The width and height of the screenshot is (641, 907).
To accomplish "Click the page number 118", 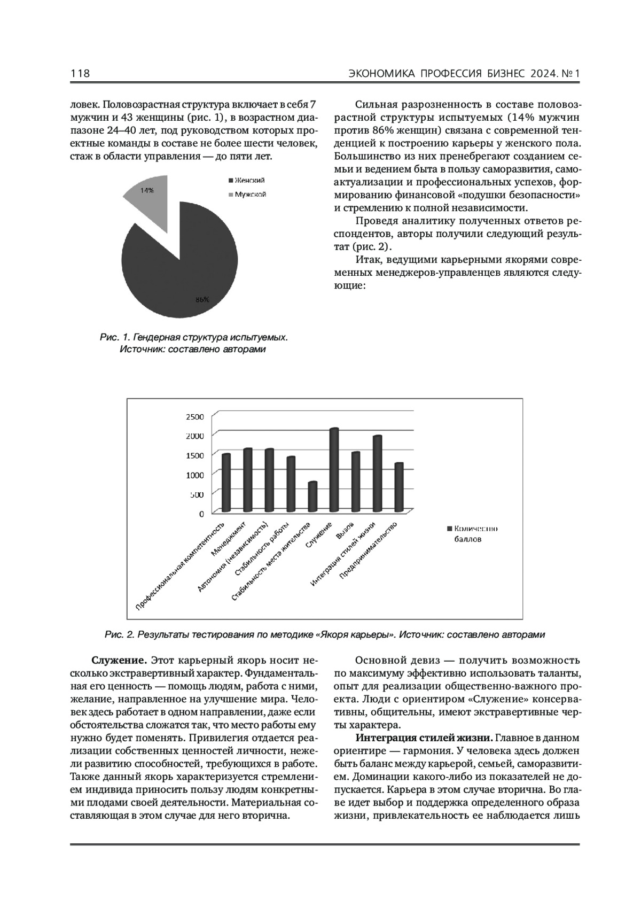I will [80, 74].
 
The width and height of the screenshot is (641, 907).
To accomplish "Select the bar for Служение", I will [334, 470].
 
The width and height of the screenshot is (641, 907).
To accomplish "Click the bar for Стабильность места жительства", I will [313, 497].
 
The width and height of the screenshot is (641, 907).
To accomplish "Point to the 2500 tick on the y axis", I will [194, 416].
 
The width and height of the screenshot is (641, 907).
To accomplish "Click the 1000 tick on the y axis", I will [194, 475].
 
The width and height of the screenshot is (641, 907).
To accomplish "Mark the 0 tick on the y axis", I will [201, 514].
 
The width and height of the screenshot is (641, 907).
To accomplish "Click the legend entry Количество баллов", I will [472, 534].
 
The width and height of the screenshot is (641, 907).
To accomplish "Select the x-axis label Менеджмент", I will [229, 540].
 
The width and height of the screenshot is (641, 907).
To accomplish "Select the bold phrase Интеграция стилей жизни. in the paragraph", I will [424, 738].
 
